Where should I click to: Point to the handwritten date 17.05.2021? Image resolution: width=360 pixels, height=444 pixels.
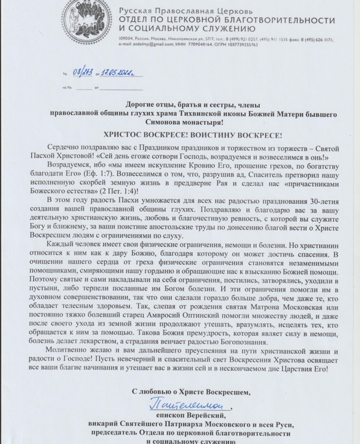(118, 74)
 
